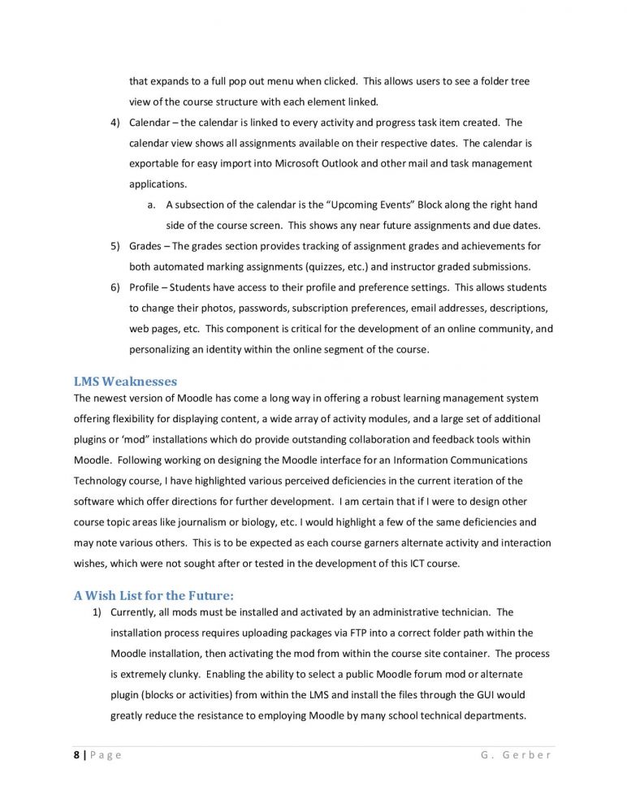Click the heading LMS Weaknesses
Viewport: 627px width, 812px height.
click(125, 381)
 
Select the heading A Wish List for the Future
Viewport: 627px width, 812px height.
click(154, 595)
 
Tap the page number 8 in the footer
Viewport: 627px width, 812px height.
click(76, 754)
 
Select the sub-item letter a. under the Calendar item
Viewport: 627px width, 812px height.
click(152, 205)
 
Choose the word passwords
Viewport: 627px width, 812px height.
click(261, 308)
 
